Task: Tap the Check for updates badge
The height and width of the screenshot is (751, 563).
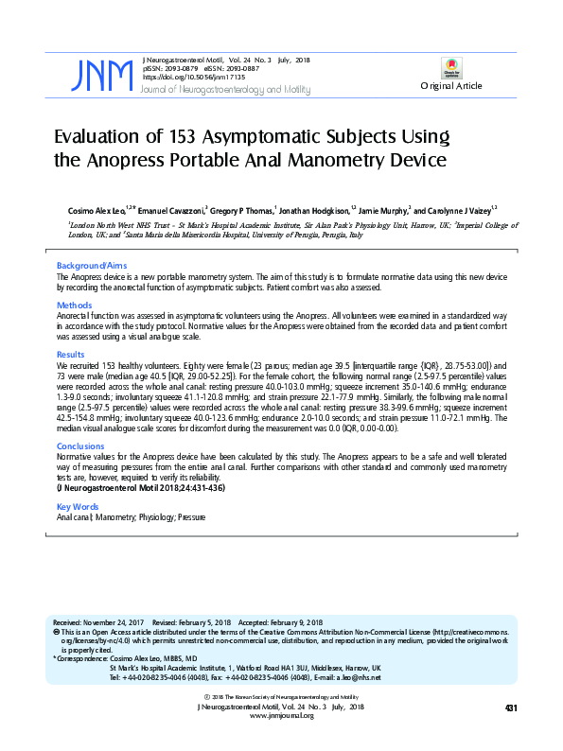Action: [451, 67]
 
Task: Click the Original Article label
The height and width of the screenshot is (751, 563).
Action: [451, 86]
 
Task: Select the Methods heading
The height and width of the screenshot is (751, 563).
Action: [74, 306]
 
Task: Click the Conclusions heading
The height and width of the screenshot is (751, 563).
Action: [80, 445]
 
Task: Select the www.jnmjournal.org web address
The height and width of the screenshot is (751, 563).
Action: [281, 716]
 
